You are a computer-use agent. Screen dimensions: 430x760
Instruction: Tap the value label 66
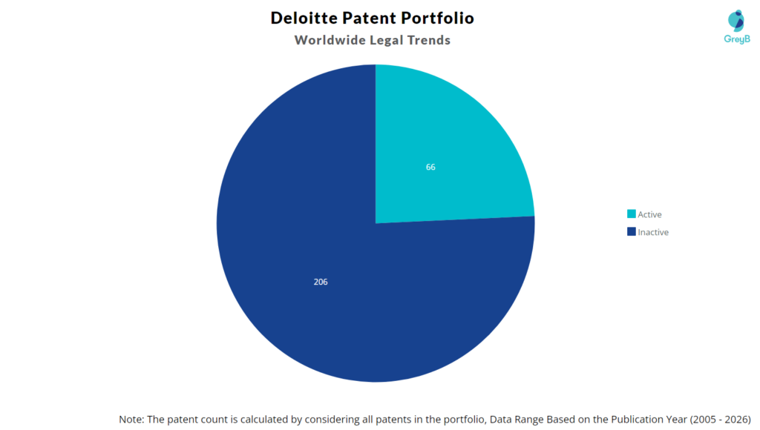(430, 168)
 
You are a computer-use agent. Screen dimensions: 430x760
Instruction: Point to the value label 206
(321, 282)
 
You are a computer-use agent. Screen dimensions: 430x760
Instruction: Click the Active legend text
(649, 214)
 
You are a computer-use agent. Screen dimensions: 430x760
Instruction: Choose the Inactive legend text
(653, 232)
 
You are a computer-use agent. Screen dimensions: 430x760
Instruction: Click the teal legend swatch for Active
(631, 214)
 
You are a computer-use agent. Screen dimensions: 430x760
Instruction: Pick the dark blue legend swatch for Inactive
(631, 232)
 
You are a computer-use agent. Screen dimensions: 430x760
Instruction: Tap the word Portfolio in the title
(441, 18)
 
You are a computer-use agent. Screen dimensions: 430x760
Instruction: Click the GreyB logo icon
(736, 20)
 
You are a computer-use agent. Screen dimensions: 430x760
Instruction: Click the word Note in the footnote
(131, 419)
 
